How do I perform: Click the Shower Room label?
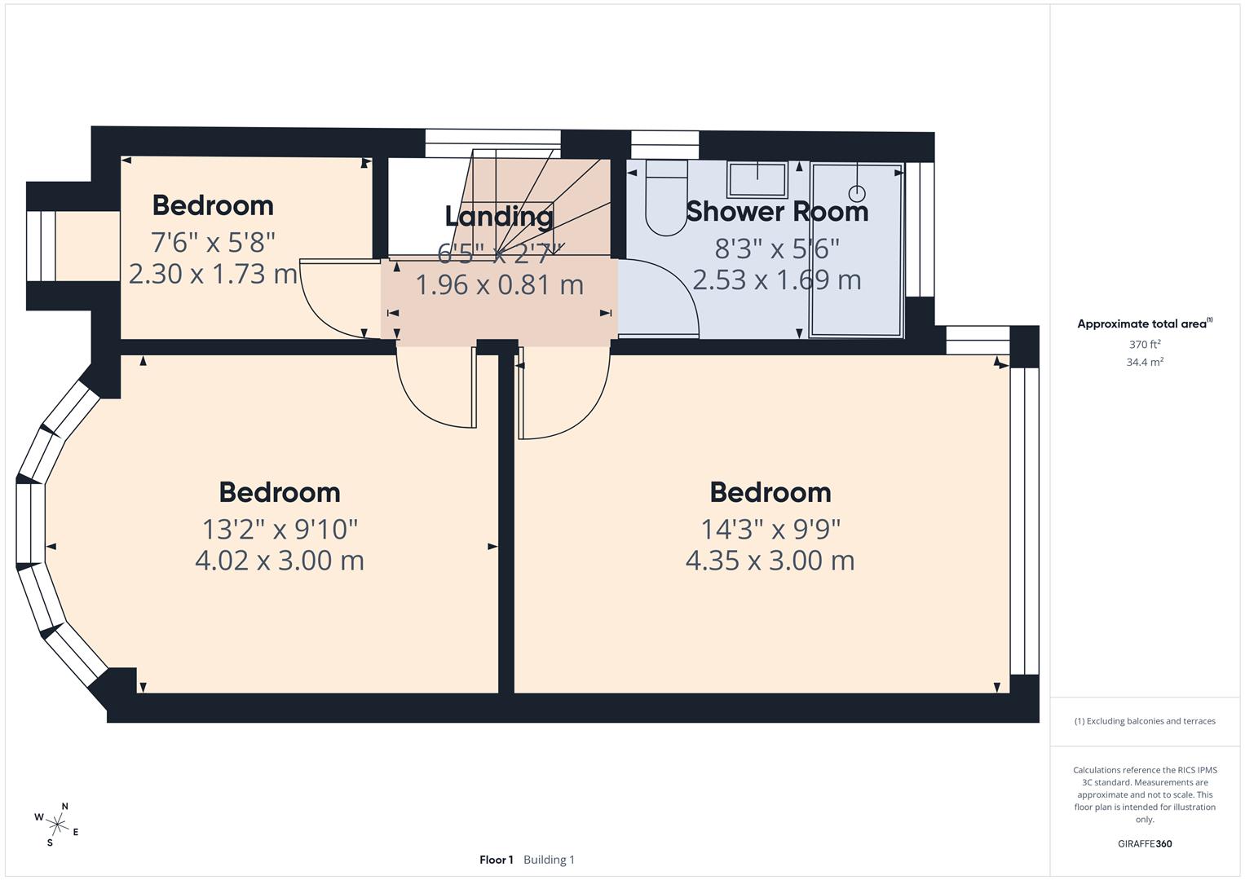[776, 211]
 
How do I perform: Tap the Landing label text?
[499, 217]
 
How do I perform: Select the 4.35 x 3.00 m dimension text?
[770, 561]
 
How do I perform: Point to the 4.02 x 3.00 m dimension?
[279, 561]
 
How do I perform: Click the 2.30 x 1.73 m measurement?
[213, 274]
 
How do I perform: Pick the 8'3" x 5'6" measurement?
[776, 247]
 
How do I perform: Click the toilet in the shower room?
[666, 200]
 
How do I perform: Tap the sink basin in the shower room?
[757, 178]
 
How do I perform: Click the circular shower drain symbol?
[857, 194]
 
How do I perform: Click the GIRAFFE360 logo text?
[1144, 843]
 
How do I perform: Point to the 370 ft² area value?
[1144, 345]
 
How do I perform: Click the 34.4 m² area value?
[1144, 363]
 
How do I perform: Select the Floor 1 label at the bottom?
[496, 860]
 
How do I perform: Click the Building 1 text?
[549, 860]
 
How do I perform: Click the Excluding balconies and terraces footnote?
[1144, 721]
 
